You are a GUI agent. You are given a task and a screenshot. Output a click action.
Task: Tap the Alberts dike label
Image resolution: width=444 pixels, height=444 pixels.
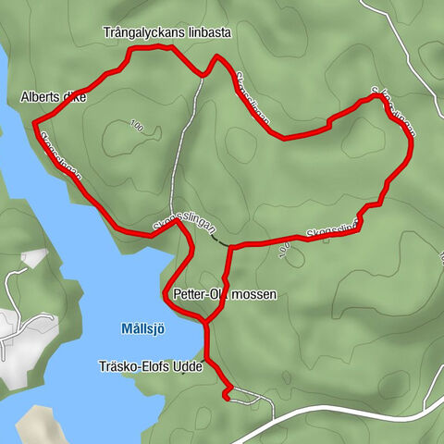tap(52, 96)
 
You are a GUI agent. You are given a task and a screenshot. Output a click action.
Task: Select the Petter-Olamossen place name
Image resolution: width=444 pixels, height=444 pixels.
tap(224, 295)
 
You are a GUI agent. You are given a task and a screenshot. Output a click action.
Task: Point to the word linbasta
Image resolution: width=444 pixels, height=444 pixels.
tap(207, 32)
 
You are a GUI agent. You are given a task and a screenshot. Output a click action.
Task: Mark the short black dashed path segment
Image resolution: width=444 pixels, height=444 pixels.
tap(218, 240)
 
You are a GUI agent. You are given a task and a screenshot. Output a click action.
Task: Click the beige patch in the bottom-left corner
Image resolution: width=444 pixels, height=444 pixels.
tap(37, 427)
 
